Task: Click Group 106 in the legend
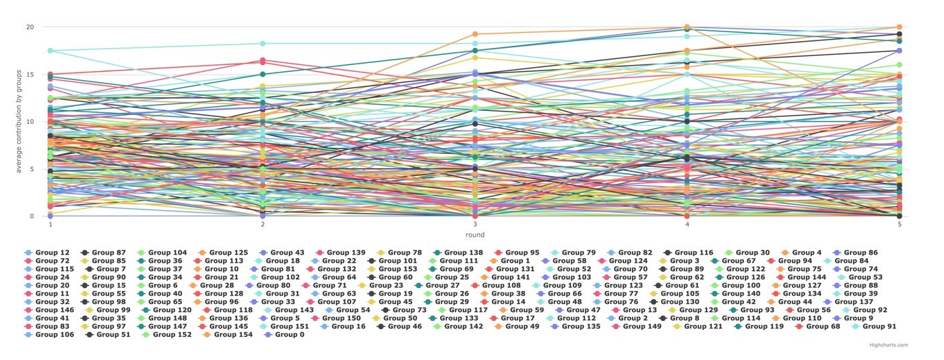click(55, 335)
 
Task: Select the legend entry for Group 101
click(398, 261)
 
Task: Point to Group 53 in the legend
click(869, 277)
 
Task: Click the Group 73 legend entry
click(409, 310)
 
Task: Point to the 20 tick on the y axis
click(29, 27)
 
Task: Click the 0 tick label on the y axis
click(31, 216)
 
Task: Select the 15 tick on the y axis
click(29, 75)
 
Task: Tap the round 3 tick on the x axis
click(475, 224)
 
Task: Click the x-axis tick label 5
click(900, 224)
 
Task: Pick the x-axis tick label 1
click(50, 224)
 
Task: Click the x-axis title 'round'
click(474, 235)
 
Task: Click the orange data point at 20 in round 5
click(900, 27)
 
